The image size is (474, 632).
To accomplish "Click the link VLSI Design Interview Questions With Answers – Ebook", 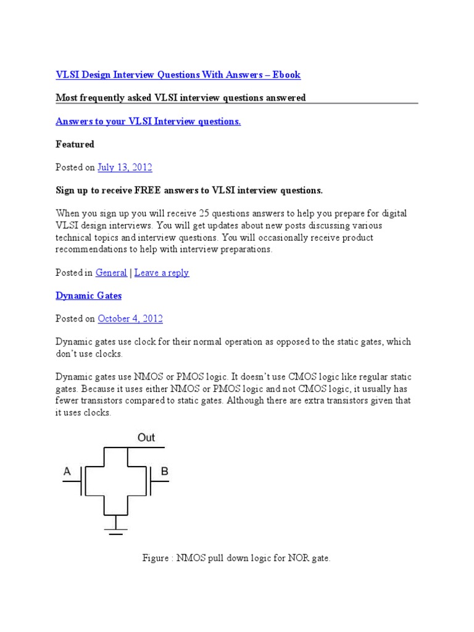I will pyautogui.click(x=178, y=75).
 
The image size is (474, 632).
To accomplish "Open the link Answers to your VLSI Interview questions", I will pyautogui.click(x=148, y=122).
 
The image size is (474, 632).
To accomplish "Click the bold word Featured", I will pyautogui.click(x=75, y=144).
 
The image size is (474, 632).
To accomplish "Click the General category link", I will pyautogui.click(x=111, y=273).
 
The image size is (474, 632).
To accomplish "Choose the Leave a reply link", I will pyautogui.click(x=162, y=273).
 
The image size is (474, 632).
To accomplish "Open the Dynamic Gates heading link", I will pyautogui.click(x=88, y=296).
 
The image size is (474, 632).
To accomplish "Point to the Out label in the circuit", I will pyautogui.click(x=146, y=438).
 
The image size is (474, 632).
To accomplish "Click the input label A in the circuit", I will pyautogui.click(x=67, y=473).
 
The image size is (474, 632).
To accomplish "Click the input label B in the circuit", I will pyautogui.click(x=164, y=472).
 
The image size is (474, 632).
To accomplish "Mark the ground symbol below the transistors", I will pyautogui.click(x=115, y=530).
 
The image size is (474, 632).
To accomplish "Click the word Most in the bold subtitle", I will pyautogui.click(x=66, y=98).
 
